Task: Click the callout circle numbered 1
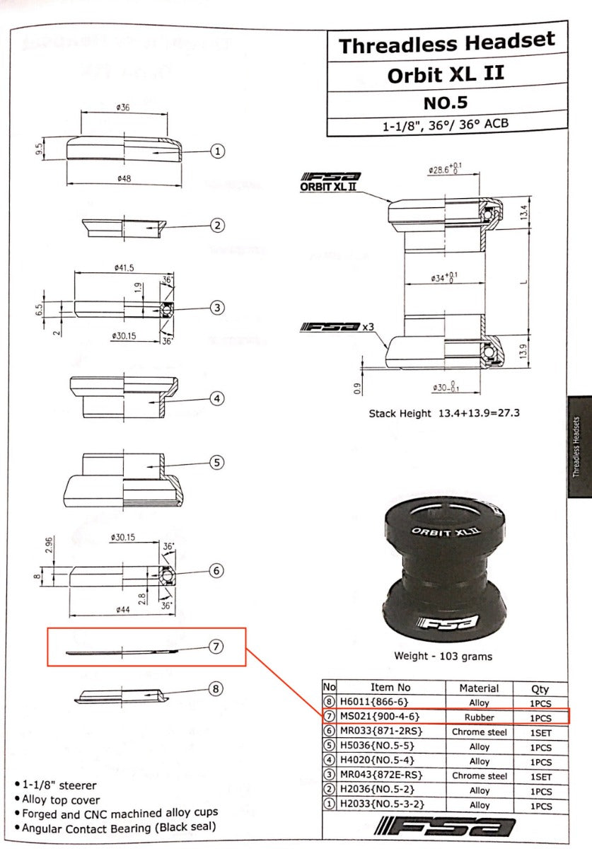click(x=219, y=151)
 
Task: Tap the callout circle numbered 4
click(x=218, y=399)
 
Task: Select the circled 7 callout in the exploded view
click(x=216, y=647)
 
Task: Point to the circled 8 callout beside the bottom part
click(x=216, y=688)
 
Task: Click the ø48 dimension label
click(x=124, y=179)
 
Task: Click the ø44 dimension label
click(x=120, y=610)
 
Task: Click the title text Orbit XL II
click(x=446, y=74)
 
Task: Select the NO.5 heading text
click(x=446, y=103)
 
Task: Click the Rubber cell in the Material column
click(x=479, y=717)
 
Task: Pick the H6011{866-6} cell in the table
click(x=375, y=703)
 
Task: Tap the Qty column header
click(x=540, y=688)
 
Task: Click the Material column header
click(x=479, y=688)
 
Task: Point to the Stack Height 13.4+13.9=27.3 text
click(x=444, y=412)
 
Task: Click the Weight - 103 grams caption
click(x=443, y=656)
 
